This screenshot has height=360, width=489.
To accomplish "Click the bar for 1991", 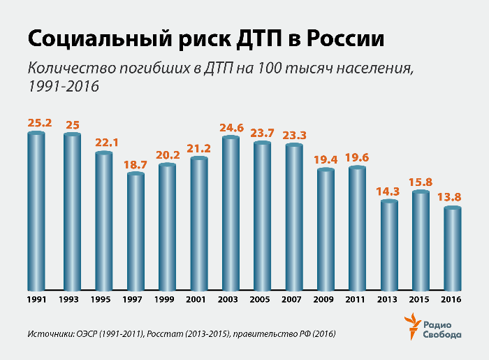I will (x=36, y=210).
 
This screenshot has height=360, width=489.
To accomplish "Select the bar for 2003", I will (x=231, y=213).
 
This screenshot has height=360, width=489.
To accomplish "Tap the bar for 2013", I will (x=389, y=245).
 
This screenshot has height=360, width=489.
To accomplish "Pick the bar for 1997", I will (x=136, y=231).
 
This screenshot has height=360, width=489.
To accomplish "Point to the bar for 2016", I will (x=453, y=248).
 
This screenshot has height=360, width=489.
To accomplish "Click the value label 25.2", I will (x=40, y=123).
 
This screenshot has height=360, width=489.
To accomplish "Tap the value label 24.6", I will (x=231, y=127).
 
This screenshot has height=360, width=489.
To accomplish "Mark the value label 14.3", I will (x=389, y=191).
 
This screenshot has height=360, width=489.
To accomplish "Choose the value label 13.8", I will (x=453, y=197).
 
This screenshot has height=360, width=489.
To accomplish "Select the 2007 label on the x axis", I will (x=294, y=300).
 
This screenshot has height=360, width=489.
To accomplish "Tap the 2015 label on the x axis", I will (x=421, y=300).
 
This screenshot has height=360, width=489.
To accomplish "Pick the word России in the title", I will (x=345, y=39).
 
